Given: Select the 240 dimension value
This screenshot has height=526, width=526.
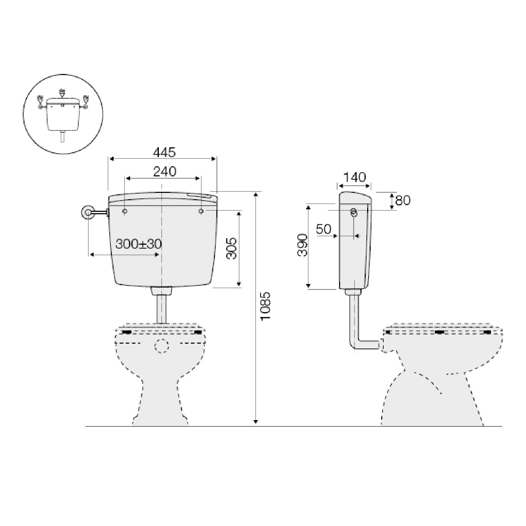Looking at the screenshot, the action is click(165, 171).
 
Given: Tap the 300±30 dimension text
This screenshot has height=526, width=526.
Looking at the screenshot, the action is click(139, 244).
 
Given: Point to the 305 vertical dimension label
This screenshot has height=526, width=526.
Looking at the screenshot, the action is click(231, 248).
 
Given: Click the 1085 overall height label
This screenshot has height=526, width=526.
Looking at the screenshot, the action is click(266, 305).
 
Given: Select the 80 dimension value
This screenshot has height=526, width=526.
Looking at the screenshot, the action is click(403, 201).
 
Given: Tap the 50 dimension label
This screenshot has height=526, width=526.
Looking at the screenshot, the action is click(324, 229).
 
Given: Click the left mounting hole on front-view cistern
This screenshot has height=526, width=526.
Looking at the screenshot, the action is click(125, 211).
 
